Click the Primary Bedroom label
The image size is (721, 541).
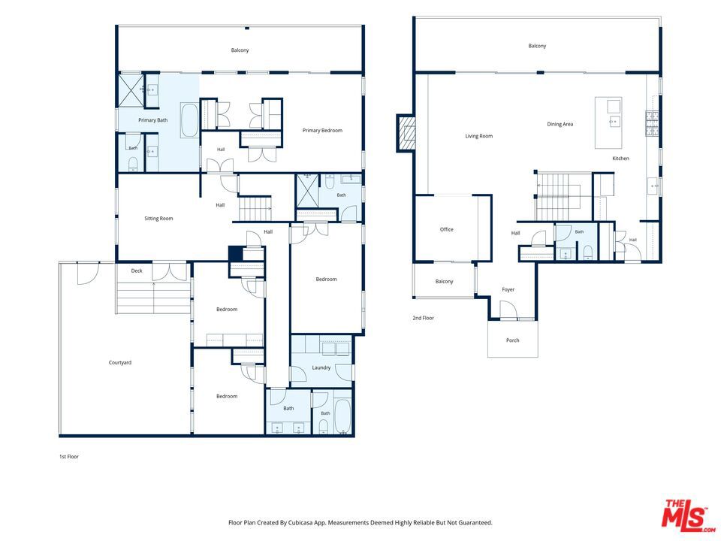pyautogui.click(x=322, y=131)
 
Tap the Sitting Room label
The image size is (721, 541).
pyautogui.click(x=158, y=219)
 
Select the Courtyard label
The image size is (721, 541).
pyautogui.click(x=120, y=362)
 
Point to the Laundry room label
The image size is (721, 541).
pyautogui.click(x=321, y=367)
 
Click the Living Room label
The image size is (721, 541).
pyautogui.click(x=478, y=136)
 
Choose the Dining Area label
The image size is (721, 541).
pyautogui.click(x=560, y=124)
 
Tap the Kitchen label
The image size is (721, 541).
pyautogui.click(x=620, y=159)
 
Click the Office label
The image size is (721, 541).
pyautogui.click(x=446, y=229)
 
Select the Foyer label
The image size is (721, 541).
pyautogui.click(x=508, y=289)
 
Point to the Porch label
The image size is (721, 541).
pyautogui.click(x=513, y=340)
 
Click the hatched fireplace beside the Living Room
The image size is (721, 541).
pyautogui.click(x=406, y=134)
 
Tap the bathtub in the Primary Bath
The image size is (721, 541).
pyautogui.click(x=189, y=120)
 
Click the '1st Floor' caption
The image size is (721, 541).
pyautogui.click(x=69, y=457)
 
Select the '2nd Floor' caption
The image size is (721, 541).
pyautogui.click(x=423, y=318)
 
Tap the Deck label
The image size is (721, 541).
pyautogui.click(x=137, y=271)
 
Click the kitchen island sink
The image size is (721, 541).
pyautogui.click(x=614, y=122)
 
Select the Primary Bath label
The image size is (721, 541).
pyautogui.click(x=152, y=120)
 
